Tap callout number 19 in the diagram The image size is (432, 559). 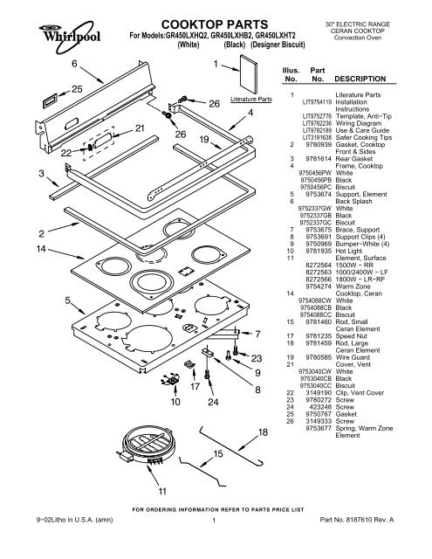(202, 139)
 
